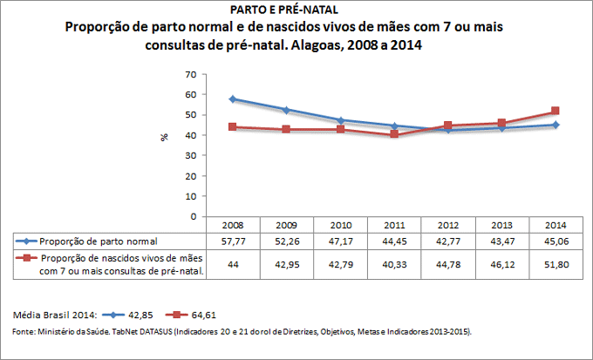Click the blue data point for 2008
coord(233,99)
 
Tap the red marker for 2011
coord(394,134)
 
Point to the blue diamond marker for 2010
coord(340,120)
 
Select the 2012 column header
coord(446,224)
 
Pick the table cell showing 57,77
coord(233,240)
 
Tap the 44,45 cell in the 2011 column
coord(393,240)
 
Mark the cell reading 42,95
coord(286,264)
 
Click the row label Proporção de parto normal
coord(106,240)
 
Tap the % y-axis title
coord(164,138)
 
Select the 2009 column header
coord(286,224)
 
